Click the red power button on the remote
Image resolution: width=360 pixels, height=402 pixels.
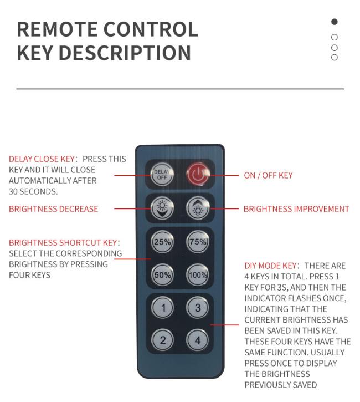197,175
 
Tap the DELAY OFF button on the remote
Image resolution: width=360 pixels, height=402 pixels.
161,175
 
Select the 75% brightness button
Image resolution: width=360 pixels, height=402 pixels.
197,242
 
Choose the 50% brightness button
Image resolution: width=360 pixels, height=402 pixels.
162,275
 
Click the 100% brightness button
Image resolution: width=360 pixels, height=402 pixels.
197,275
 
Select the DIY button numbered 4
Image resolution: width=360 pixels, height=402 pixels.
197,340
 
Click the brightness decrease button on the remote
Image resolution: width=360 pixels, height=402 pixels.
162,208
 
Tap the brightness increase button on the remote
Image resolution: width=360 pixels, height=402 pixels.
197,208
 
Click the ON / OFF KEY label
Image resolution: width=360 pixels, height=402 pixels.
268,175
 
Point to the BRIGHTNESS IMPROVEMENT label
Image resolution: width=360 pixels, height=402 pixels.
296,209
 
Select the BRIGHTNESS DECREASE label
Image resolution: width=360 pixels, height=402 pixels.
53,209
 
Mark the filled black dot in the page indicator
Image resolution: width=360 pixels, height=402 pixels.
335,22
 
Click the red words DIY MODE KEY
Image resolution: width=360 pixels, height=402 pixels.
271,266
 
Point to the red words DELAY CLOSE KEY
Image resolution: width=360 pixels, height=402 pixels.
42,159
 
